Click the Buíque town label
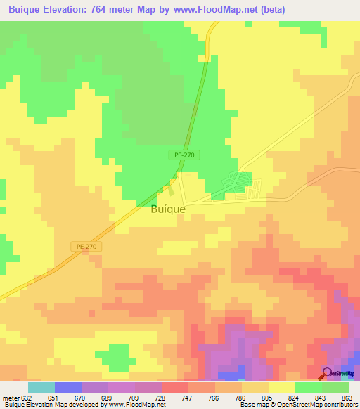pyautogui.click(x=168, y=209)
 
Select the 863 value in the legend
pyautogui.click(x=347, y=397)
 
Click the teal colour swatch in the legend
pyautogui.click(x=41, y=387)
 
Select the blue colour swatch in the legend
pyautogui.click(x=67, y=387)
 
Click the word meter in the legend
pyautogui.click(x=11, y=397)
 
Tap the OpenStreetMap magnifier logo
pyautogui.click(x=327, y=373)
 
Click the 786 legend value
pyautogui.click(x=241, y=397)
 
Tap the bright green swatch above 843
pyautogui.click(x=308, y=387)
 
